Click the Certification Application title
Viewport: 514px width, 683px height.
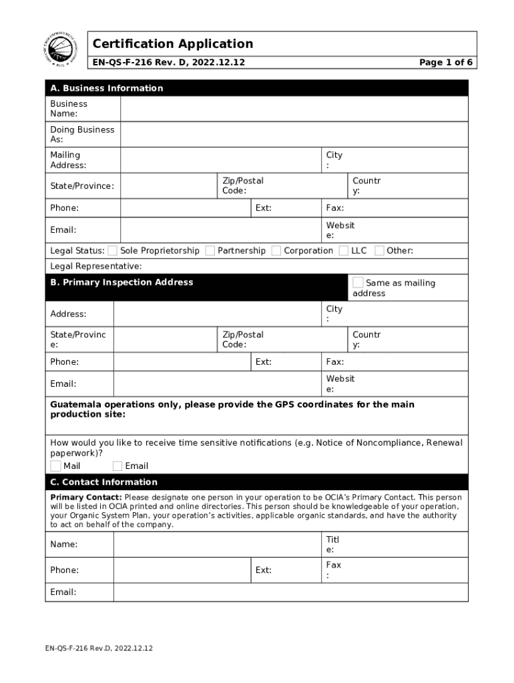click(x=173, y=44)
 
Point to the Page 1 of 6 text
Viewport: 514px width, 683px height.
click(x=446, y=63)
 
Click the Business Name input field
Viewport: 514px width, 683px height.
click(x=294, y=109)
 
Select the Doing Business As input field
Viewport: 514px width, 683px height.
click(x=294, y=135)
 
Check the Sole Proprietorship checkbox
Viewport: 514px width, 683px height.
click(x=113, y=251)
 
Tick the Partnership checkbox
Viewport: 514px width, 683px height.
click(x=210, y=251)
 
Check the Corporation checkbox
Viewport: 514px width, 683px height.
click(x=276, y=251)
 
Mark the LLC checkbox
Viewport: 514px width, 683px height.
click(x=344, y=251)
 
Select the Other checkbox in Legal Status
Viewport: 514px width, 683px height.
click(x=379, y=251)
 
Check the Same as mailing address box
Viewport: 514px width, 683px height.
click(x=358, y=283)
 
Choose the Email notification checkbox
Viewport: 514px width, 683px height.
click(x=117, y=466)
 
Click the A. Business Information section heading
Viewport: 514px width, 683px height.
click(x=107, y=88)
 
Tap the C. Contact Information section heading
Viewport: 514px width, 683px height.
click(x=104, y=482)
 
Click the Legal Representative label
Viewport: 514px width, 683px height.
click(x=96, y=266)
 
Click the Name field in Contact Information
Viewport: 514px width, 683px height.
click(x=216, y=544)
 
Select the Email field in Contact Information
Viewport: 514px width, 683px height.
click(x=290, y=592)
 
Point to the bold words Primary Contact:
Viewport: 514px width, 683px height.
click(x=86, y=498)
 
